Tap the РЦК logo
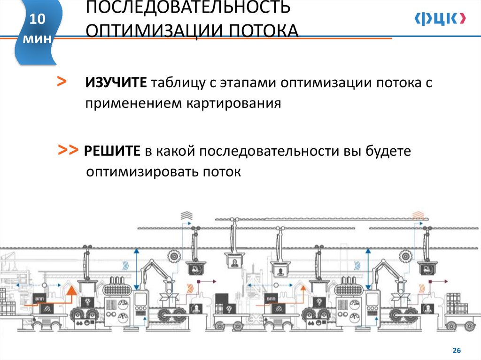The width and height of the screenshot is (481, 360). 440,18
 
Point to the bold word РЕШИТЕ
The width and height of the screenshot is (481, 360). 113,152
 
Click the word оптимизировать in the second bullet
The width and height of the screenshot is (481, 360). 142,172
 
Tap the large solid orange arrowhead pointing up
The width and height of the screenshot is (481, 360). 71,292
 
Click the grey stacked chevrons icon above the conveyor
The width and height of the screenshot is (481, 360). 186,216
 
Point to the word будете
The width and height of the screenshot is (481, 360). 388,152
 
